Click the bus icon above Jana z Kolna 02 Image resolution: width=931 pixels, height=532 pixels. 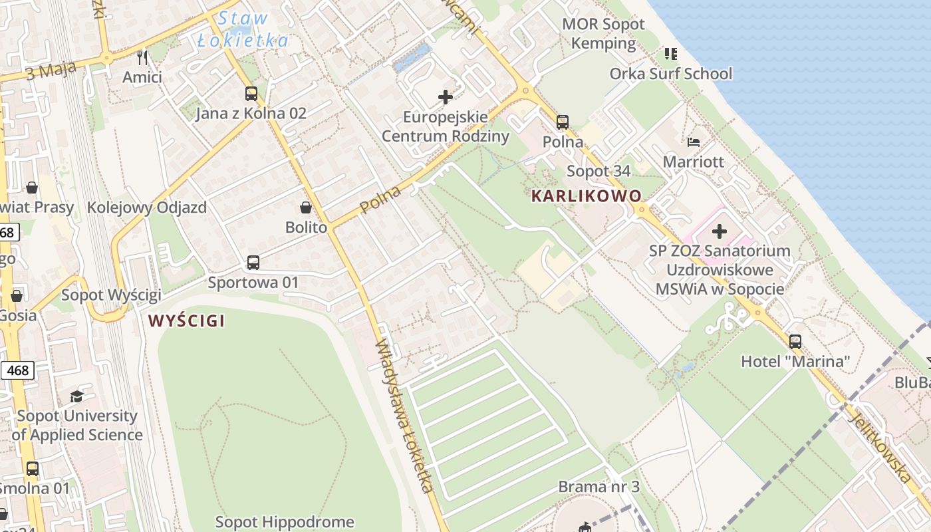click(x=251, y=94)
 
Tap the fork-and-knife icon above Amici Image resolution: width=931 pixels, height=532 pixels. click(x=142, y=57)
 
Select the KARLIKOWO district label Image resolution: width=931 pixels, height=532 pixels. click(x=587, y=196)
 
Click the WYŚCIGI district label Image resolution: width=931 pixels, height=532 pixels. click(x=186, y=321)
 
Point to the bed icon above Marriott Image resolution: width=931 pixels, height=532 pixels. click(x=694, y=142)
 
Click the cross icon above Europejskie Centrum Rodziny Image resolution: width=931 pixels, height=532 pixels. click(x=445, y=98)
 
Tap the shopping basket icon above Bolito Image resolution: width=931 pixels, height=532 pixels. click(x=306, y=207)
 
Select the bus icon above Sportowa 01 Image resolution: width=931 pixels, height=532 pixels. click(x=253, y=263)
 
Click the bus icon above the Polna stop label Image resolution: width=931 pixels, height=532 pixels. click(x=563, y=122)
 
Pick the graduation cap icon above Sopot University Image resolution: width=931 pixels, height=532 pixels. click(x=77, y=397)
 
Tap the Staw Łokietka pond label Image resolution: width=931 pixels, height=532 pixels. click(x=243, y=30)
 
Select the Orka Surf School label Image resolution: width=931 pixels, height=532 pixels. click(x=670, y=74)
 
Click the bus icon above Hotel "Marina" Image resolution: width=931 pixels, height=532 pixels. click(x=795, y=342)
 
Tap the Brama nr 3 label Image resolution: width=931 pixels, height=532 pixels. click(x=598, y=487)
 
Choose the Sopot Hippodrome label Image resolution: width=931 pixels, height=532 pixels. click(x=285, y=522)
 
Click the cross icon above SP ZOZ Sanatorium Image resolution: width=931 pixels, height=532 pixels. click(x=720, y=232)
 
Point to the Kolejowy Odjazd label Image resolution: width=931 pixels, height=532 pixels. click(x=147, y=207)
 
